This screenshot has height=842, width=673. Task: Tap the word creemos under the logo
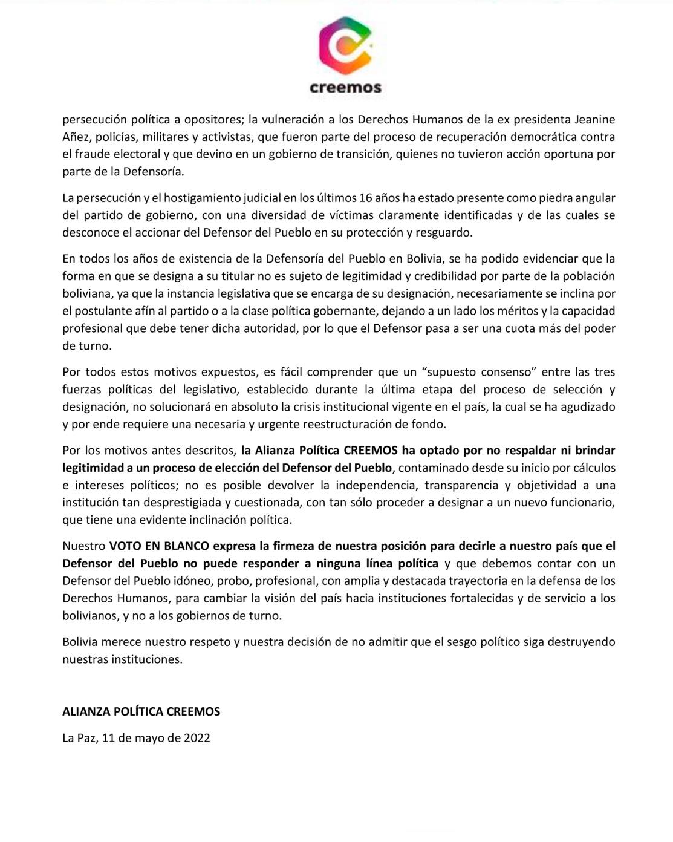click(345, 87)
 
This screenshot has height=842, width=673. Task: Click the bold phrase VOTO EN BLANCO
click(159, 546)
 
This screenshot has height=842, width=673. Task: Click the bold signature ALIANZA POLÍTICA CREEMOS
click(141, 712)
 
